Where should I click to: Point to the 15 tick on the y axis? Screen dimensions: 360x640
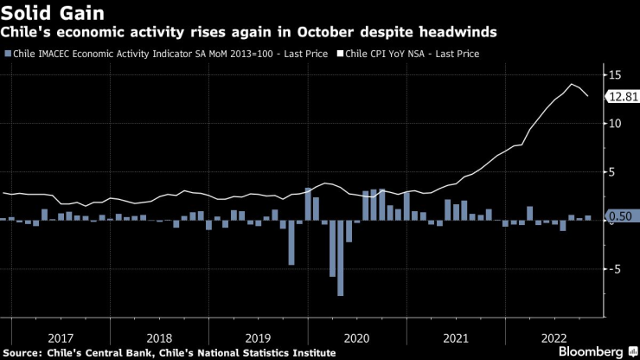click(615, 75)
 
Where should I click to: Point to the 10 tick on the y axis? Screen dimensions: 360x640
click(615, 124)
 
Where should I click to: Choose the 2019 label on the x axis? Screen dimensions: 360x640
click(257, 337)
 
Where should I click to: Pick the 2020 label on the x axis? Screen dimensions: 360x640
click(357, 337)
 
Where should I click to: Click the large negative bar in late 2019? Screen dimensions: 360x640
click(291, 242)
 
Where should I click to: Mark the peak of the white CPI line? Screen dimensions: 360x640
click(572, 84)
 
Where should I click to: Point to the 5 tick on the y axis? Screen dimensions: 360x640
click(615, 172)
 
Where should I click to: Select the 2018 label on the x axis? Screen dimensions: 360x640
click(159, 337)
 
